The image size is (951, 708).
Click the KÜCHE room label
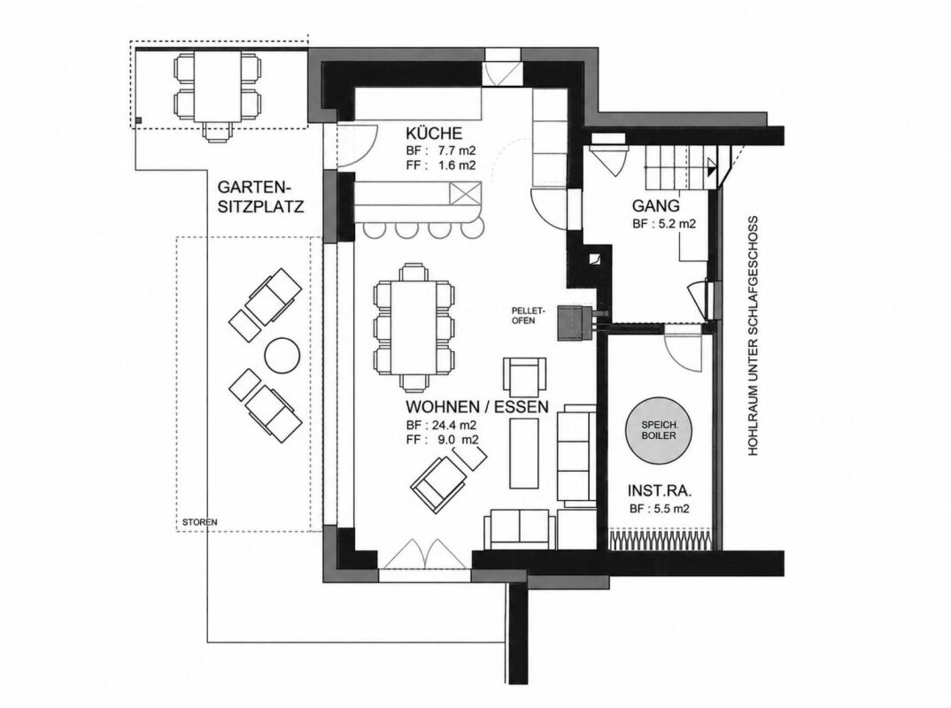pos(434,133)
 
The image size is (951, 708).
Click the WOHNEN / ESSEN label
pos(477,406)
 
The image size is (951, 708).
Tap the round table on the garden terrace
pos(282,355)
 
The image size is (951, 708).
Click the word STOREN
pos(199,522)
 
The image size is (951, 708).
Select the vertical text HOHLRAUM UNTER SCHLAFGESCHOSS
pos(754,335)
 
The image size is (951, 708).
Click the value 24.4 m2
pos(452,424)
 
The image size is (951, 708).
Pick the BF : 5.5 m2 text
pos(660,509)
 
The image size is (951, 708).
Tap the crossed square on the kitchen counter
pos(464,195)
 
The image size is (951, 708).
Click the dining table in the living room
pos(414,327)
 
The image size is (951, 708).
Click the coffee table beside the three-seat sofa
pos(524,453)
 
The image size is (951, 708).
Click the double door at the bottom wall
pos(424,554)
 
